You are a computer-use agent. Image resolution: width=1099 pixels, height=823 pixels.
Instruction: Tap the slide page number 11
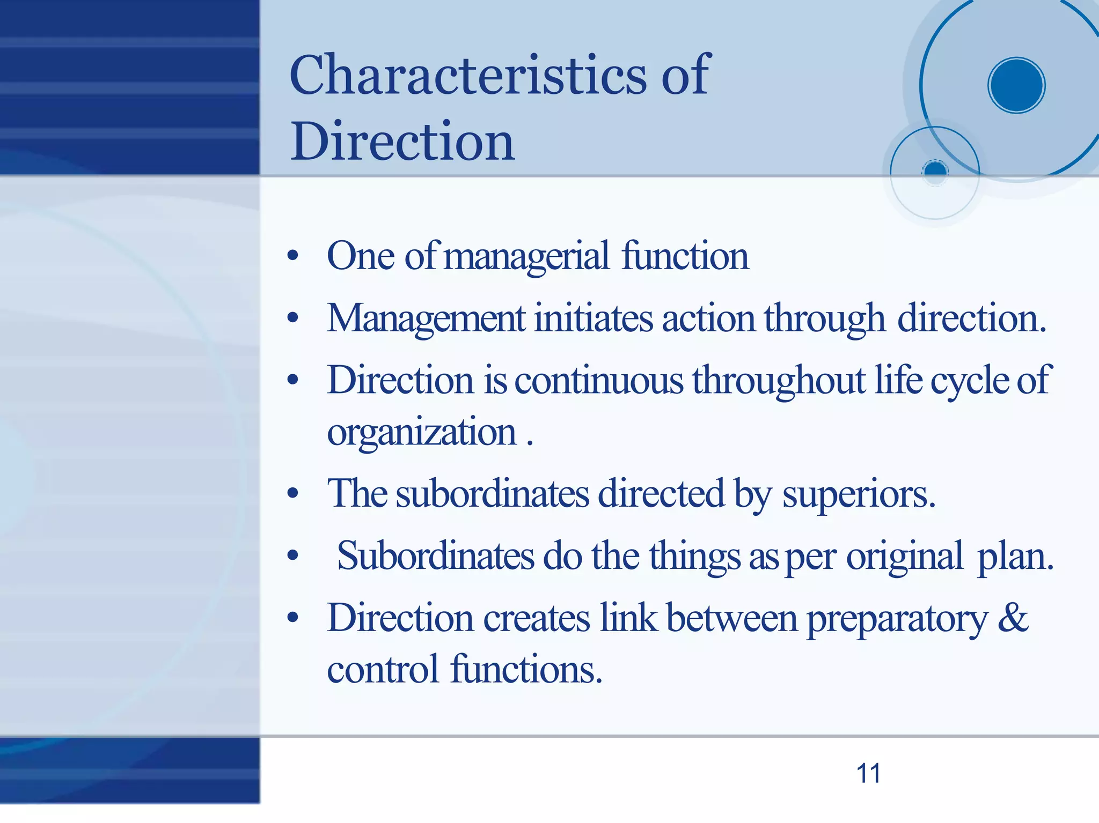(x=868, y=774)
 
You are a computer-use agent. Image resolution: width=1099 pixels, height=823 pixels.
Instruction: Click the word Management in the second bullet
(x=426, y=318)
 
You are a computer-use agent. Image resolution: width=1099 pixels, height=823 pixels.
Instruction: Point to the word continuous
(x=599, y=380)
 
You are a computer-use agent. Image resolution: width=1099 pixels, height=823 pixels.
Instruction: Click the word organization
(x=422, y=432)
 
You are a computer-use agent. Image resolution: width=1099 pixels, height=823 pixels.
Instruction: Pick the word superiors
(x=859, y=494)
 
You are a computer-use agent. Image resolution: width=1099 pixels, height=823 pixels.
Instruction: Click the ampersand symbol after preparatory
(x=1013, y=618)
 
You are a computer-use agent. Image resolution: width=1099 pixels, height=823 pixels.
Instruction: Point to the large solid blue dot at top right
(x=1016, y=85)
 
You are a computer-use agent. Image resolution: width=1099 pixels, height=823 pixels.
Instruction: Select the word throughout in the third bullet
(x=779, y=380)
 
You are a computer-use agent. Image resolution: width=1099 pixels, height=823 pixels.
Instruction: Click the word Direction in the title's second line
(x=402, y=141)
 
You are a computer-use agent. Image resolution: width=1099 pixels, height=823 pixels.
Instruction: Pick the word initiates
(x=594, y=318)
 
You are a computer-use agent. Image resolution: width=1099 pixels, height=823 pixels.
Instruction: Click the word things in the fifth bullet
(x=695, y=556)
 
